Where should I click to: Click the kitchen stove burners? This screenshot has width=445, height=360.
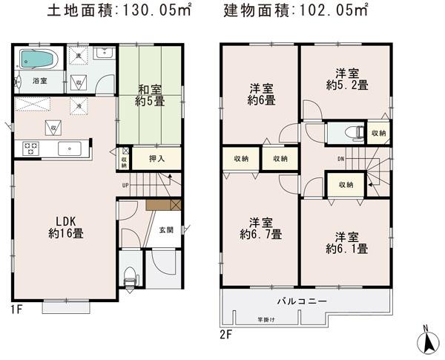click(x=31, y=146)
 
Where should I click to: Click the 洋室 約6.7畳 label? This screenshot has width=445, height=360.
click(x=261, y=228)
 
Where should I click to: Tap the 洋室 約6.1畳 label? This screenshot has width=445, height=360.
click(x=343, y=243)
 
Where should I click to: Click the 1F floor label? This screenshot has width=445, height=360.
click(x=17, y=307)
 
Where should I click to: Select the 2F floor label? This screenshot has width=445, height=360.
click(x=226, y=335)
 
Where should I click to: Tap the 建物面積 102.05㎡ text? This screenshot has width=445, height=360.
click(x=294, y=11)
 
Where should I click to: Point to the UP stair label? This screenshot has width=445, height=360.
click(x=126, y=186)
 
